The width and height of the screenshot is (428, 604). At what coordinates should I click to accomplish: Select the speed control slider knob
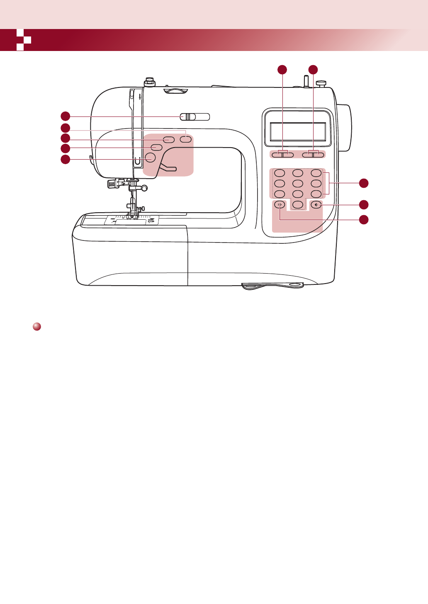tap(187, 117)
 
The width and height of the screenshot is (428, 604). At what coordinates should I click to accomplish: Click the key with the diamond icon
tap(316, 204)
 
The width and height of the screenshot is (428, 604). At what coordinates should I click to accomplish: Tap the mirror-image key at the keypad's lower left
tap(280, 204)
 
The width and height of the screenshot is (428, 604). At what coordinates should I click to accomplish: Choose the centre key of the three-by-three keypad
tap(298, 183)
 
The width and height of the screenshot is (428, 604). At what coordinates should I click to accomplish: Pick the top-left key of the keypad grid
tap(280, 173)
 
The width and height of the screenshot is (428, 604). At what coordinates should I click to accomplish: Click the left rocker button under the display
tap(282, 155)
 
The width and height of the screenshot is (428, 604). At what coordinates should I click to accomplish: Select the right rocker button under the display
tap(313, 155)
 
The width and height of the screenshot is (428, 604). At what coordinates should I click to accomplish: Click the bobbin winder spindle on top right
tap(306, 80)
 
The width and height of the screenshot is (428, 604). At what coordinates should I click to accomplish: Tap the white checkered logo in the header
tap(24, 40)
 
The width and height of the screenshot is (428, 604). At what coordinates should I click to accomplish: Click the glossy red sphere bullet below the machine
tap(36, 327)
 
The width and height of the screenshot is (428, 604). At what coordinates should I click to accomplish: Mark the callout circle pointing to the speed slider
tap(65, 116)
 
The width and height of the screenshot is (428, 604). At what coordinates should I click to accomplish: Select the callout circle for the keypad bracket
tap(363, 183)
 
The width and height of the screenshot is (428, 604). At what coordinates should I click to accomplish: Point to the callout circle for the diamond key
tap(363, 204)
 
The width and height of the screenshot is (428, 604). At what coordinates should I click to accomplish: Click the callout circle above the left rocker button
tap(282, 70)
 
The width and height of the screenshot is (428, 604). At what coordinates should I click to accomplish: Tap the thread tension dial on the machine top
tap(176, 90)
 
